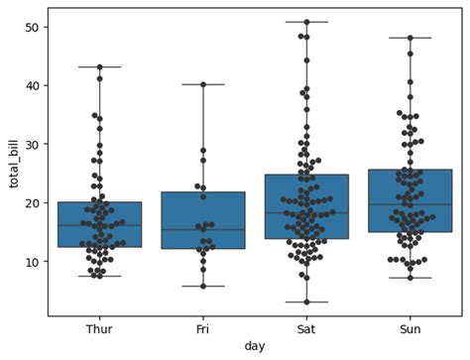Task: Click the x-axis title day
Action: point(255,346)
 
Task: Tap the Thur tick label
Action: point(99,328)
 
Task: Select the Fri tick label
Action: point(203,328)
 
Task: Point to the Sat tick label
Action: point(306,328)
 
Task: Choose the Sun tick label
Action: point(411,328)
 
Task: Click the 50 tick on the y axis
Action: point(32,27)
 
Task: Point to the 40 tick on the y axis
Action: point(32,85)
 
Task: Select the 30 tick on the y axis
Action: point(32,144)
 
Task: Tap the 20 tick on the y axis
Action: point(32,202)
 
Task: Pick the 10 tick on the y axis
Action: point(32,261)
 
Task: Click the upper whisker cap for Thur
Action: point(99,66)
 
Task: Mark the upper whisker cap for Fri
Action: point(203,84)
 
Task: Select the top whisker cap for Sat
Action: point(306,22)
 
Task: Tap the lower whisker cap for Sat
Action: point(306,301)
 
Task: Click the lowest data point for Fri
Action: point(203,286)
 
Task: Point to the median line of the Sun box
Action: point(411,204)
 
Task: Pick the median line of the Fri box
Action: point(203,229)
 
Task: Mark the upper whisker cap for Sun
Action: point(411,38)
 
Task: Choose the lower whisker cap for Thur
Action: point(99,276)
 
